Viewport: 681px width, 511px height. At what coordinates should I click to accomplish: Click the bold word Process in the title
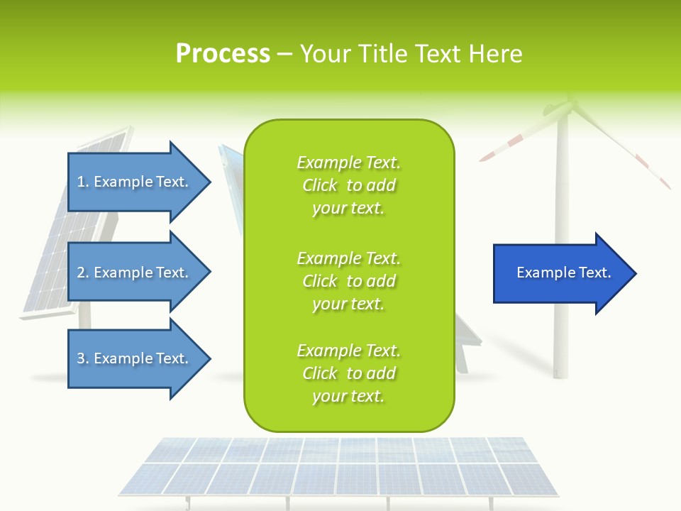(x=223, y=54)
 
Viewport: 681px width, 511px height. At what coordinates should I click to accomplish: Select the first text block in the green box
(x=348, y=185)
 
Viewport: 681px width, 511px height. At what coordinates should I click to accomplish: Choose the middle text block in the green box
(x=348, y=281)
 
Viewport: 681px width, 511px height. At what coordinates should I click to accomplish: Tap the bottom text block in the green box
(x=348, y=373)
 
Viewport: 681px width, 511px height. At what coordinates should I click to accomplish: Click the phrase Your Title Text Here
(x=411, y=54)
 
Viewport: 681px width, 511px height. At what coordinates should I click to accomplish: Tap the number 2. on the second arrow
(x=83, y=273)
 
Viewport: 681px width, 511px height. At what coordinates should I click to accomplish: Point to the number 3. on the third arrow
(x=83, y=358)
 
